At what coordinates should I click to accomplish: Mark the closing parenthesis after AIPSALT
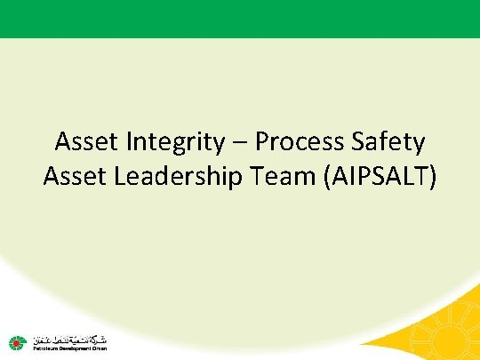(433, 177)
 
